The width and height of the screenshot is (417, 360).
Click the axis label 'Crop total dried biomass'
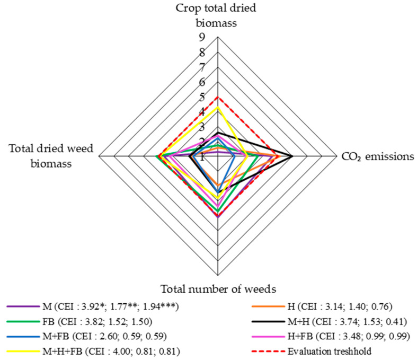coord(218,15)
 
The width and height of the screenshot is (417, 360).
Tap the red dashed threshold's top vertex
coord(218,97)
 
